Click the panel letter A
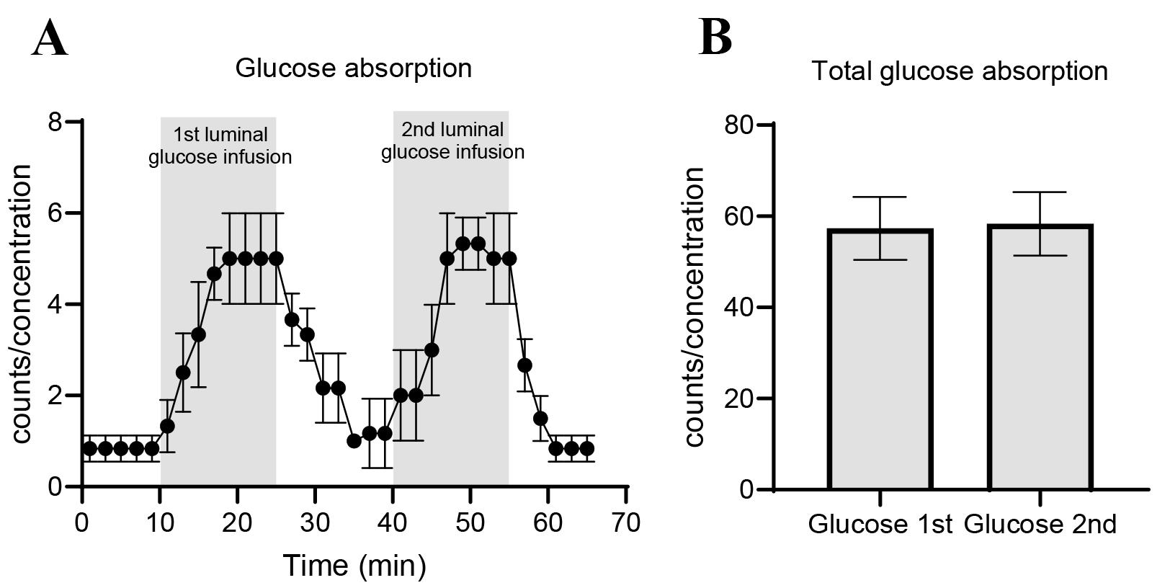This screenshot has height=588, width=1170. tap(50, 39)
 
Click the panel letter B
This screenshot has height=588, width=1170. tap(715, 37)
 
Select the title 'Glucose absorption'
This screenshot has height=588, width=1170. tap(354, 68)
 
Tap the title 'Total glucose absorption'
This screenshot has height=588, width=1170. tap(959, 71)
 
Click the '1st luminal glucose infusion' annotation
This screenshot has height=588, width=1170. tap(220, 146)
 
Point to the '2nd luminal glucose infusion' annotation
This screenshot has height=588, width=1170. tap(452, 141)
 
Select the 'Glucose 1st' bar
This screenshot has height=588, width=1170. tap(880, 360)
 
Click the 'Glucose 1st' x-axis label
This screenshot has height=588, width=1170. tap(880, 524)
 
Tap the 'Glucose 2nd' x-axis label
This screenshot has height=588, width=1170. tap(1040, 524)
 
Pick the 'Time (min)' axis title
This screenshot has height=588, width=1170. tap(354, 566)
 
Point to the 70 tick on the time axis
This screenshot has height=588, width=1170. tap(627, 522)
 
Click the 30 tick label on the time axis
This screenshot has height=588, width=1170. tap(316, 522)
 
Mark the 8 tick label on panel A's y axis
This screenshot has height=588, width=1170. tap(55, 122)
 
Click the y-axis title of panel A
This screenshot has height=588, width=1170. tap(22, 303)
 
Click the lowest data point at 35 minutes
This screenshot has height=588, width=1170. tap(354, 441)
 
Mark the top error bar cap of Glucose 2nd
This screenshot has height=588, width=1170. tap(1040, 192)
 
